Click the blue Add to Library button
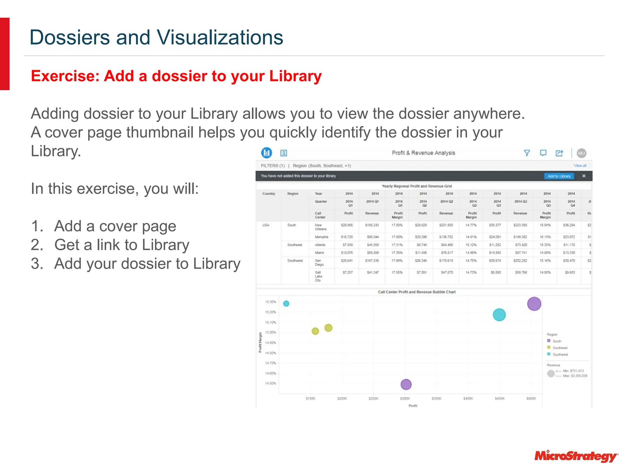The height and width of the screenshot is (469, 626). (559, 176)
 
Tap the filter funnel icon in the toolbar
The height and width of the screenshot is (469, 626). (527, 153)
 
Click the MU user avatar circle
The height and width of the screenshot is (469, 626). (581, 153)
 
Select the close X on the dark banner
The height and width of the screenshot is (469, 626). (584, 176)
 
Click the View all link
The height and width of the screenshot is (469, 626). (580, 166)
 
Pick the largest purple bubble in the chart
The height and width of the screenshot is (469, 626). (534, 304)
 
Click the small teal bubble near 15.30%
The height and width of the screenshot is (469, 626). (286, 304)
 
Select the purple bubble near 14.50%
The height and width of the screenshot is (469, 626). (406, 384)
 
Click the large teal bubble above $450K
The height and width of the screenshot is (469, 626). (499, 315)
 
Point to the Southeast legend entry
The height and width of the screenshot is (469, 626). (560, 348)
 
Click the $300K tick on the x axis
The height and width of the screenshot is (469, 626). (405, 398)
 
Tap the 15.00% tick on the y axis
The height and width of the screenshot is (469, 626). (271, 333)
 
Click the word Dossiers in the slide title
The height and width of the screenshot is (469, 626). (70, 38)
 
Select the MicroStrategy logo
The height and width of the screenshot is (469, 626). (576, 456)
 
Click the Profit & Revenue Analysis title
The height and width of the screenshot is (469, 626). (423, 153)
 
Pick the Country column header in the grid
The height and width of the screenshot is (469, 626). (269, 194)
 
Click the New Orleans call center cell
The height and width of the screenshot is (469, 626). (320, 227)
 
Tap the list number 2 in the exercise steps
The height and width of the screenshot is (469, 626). (37, 245)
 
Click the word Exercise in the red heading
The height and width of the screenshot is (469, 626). (65, 76)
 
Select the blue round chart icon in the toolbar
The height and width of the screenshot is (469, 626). (267, 153)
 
